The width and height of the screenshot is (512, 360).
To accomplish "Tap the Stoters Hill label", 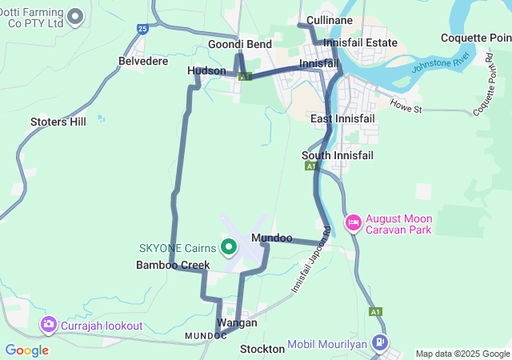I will point(58,122).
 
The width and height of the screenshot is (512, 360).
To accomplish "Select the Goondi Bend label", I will point(240,44).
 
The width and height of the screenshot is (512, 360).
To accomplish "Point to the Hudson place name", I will point(206,71).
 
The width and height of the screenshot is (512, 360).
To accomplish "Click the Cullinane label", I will point(330,20).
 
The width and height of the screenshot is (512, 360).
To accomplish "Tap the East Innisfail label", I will point(342,119).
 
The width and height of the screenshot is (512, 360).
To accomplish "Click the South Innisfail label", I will point(337,155).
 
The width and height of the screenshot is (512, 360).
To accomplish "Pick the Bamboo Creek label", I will point(173,265).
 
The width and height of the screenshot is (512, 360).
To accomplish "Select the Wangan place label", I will point(237,322).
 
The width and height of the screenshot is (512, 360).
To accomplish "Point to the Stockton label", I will point(262,349).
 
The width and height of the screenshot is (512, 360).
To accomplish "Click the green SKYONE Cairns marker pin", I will point(229,247).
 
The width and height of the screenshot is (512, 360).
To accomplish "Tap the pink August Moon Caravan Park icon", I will point(353,222).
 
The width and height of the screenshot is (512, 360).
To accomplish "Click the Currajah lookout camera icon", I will point(49,325).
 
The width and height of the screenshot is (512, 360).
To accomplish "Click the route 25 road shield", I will point(142,29).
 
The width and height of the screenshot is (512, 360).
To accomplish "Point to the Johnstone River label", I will point(440,62).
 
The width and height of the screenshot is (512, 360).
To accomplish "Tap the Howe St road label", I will point(406,105).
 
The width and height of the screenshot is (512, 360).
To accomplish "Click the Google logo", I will point(26,350).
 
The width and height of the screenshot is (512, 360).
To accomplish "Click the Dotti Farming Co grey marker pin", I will point(76,16).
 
